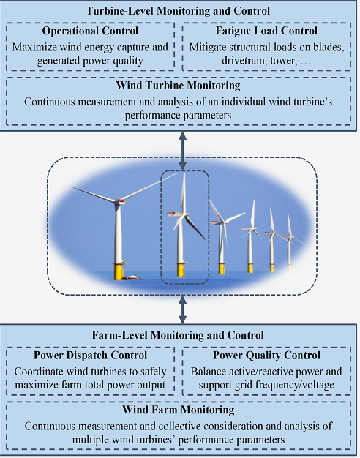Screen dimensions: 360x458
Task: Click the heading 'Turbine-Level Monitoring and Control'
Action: point(178,11)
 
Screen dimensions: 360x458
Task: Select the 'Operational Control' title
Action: point(90,31)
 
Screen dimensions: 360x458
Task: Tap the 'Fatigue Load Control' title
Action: point(266,31)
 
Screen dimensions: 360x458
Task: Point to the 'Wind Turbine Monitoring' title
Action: point(179,86)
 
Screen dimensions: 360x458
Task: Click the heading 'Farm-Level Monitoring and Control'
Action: point(178,335)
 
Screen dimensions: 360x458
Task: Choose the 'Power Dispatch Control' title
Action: point(90,355)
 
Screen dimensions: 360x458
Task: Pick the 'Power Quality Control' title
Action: point(266,355)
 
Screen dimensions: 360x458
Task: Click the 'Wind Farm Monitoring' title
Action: point(179,410)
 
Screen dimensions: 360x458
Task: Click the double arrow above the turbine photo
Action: point(183,151)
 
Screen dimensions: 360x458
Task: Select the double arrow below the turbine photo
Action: point(183,309)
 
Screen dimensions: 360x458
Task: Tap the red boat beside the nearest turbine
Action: point(132,277)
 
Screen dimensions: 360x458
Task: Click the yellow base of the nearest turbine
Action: point(119,271)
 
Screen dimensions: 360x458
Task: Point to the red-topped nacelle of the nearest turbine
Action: point(120,201)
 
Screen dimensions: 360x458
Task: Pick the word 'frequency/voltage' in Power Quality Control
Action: point(293,385)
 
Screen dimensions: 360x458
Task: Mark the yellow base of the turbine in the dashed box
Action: point(181,269)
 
